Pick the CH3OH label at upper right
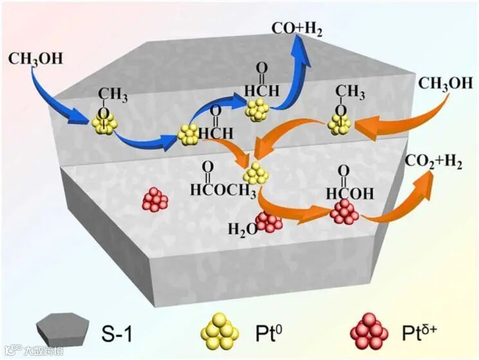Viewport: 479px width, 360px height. coord(445,84)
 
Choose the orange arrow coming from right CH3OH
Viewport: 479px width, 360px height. coord(392,126)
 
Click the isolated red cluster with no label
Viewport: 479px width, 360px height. coord(155,200)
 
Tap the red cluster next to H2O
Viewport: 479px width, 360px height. coord(269,221)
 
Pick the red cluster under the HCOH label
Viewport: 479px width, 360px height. coord(345,212)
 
